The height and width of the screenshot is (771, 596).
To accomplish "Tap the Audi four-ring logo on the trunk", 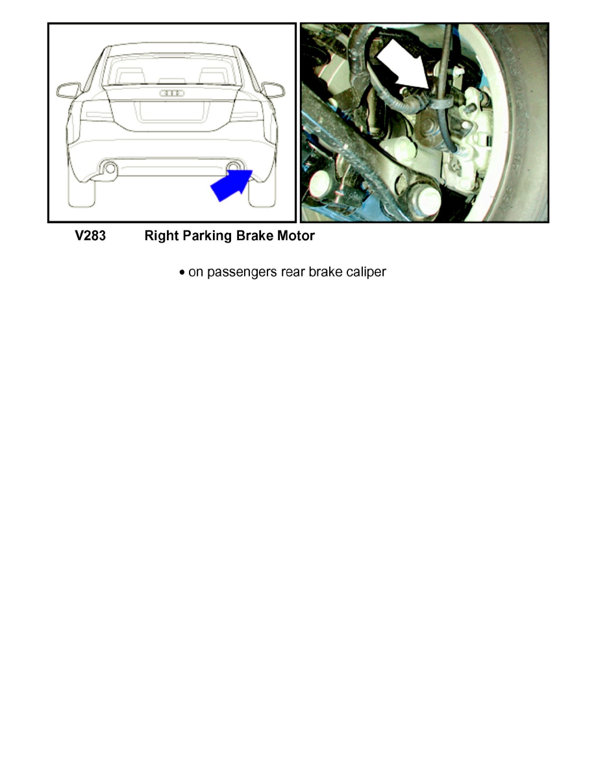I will pos(171,93).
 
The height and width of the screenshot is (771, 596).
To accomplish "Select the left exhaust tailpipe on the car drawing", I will pos(110,169).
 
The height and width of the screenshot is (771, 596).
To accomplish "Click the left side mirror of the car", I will pos(68,89).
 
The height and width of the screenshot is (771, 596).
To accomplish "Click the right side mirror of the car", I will pos(273,89).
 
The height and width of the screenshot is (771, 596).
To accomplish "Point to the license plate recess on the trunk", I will pos(171,111).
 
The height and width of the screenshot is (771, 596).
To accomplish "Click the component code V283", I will pos(90,236).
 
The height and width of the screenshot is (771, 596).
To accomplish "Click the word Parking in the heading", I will pos(207,236).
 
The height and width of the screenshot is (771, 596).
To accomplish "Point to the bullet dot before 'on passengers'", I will pos(182,273).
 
